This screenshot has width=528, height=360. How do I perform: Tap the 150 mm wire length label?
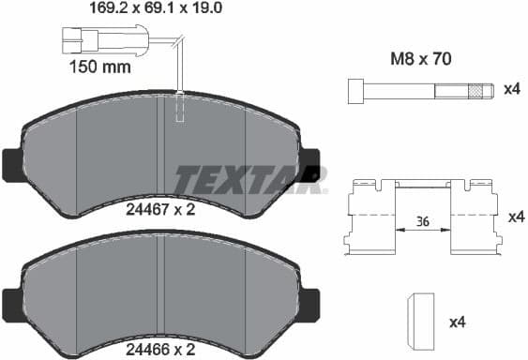99,67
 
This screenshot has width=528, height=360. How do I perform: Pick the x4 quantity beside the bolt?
512,90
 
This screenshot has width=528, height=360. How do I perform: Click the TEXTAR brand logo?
250,176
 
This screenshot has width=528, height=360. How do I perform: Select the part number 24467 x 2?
159,211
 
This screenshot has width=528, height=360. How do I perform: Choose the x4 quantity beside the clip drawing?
514,217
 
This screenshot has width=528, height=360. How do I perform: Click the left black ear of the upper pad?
11,165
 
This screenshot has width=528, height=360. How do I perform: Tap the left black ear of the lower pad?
11,302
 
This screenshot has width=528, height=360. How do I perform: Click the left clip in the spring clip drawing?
369,217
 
